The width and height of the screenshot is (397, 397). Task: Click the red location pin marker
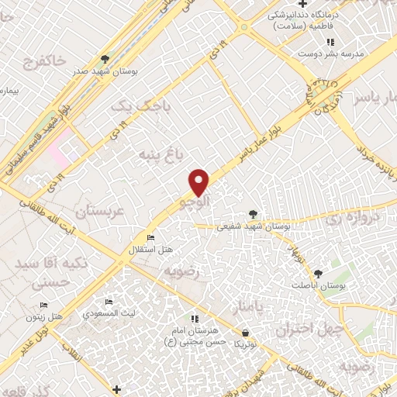coord(200,181)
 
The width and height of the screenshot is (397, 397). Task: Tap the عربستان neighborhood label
coord(100,210)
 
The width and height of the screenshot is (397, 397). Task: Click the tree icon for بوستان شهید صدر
coord(105,59)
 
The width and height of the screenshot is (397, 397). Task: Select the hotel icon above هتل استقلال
coord(150,237)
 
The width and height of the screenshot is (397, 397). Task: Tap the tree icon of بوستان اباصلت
coord(318,273)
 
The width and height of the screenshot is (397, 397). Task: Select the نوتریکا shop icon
coord(245,333)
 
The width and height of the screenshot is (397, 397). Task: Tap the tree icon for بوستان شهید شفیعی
coord(253,214)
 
